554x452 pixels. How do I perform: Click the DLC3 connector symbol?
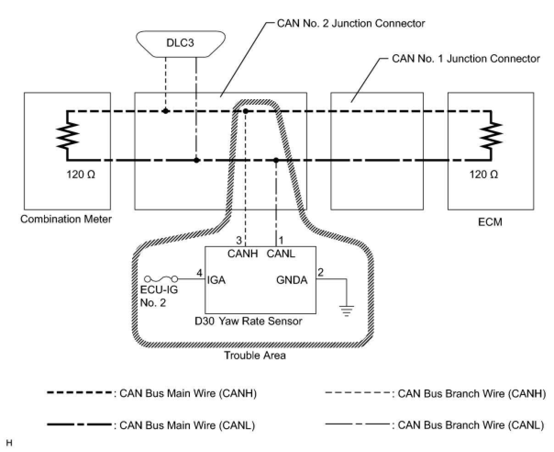180,44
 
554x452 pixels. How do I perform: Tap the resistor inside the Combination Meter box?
67,136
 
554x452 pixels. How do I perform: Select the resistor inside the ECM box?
491,136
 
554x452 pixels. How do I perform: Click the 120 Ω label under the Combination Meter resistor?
81,175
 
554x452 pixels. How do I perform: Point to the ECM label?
490,222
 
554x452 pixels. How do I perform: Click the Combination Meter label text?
66,219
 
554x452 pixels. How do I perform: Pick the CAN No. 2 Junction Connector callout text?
351,23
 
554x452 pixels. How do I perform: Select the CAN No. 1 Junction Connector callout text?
466,59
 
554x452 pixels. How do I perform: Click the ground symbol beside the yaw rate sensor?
347,311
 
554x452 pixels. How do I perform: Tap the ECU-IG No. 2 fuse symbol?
161,279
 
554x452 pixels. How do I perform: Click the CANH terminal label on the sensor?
243,253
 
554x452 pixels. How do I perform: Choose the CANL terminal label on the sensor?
281,253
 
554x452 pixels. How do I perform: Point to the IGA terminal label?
216,279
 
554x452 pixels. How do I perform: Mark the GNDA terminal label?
292,279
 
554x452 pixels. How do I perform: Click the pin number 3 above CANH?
238,240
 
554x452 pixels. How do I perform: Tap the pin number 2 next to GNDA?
321,272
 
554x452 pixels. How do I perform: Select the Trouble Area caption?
255,355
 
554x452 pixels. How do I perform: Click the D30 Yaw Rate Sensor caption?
249,321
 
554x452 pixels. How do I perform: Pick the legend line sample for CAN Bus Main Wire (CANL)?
79,425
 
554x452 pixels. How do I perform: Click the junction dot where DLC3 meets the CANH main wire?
166,111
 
